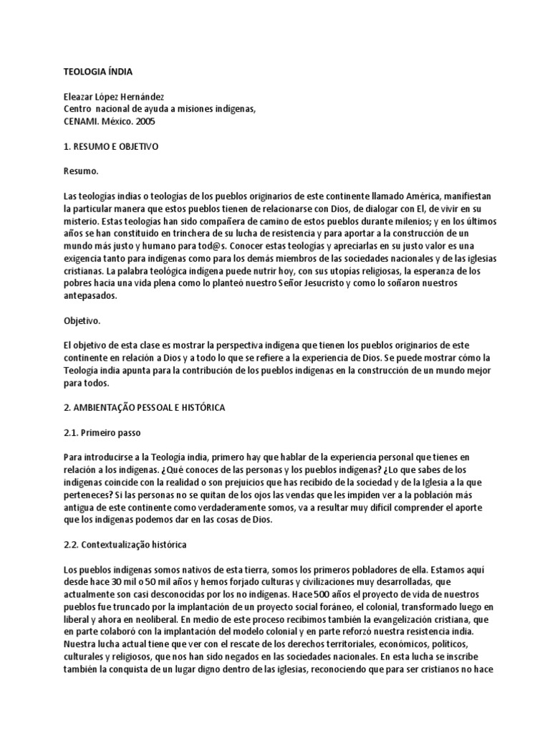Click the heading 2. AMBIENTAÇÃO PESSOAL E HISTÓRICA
pyautogui.click(x=145, y=407)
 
